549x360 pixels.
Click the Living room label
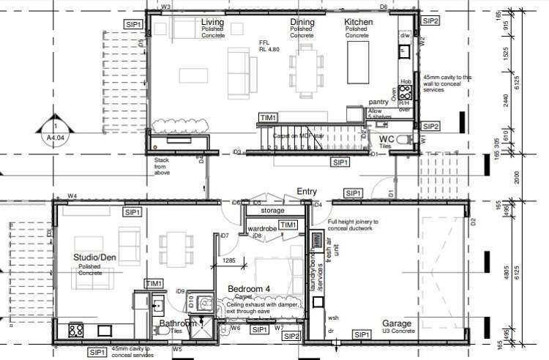[x=212, y=23]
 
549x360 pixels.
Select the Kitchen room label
[x=359, y=23]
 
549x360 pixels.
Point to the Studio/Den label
[x=96, y=258]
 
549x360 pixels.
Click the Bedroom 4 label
[x=248, y=290]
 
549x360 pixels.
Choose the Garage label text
[x=396, y=323]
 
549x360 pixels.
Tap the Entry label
[x=306, y=192]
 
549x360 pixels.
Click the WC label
[x=386, y=138]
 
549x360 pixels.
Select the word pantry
[x=378, y=102]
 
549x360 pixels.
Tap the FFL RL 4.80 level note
[x=269, y=47]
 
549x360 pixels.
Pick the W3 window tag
[x=165, y=7]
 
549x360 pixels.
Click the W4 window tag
[x=72, y=196]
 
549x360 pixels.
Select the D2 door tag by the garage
[x=473, y=222]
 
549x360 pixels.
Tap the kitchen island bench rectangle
[x=359, y=64]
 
